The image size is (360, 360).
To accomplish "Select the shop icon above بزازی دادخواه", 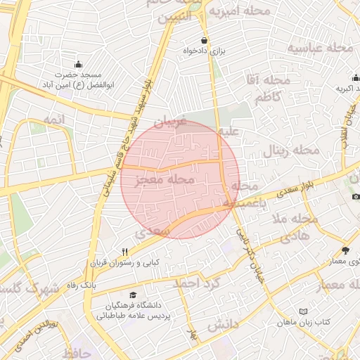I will point(205,41).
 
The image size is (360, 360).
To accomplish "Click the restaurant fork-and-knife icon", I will point(125,252).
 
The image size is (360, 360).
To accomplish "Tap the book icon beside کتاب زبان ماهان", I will point(303,311).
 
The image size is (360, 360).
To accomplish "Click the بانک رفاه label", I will point(79,285).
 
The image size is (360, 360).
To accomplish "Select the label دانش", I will point(224,326).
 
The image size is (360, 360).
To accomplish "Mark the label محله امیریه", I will point(250,12).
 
